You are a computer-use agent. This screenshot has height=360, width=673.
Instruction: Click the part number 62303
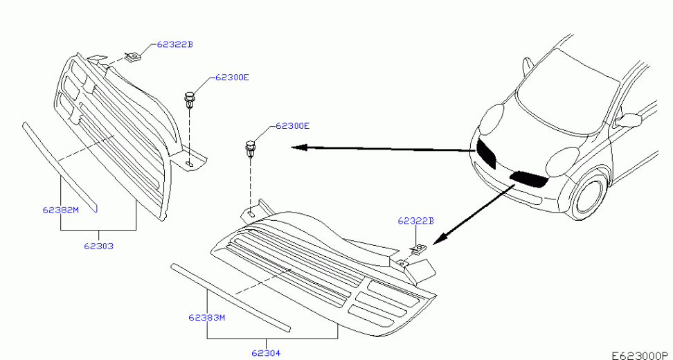(99, 246)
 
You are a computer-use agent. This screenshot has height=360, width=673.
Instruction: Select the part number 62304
(266, 352)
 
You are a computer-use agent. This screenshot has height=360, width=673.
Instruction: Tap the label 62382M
(60, 210)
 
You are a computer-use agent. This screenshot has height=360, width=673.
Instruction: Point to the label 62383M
(207, 318)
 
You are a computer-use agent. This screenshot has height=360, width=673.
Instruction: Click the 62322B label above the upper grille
(175, 44)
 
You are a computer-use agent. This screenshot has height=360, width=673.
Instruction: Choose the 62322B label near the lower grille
(416, 221)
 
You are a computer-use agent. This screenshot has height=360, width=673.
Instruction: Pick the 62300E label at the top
(232, 78)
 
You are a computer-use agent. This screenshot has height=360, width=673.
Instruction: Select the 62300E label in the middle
(292, 126)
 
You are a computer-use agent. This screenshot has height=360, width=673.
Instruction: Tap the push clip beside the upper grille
(189, 99)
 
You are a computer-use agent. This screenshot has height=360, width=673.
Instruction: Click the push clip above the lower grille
(249, 148)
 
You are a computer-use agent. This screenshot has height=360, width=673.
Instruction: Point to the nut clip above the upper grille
(134, 56)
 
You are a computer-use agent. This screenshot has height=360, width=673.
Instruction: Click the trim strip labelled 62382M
(60, 168)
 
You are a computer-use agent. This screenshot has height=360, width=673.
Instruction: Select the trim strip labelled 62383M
(231, 298)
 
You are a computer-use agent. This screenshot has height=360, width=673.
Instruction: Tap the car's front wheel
(589, 195)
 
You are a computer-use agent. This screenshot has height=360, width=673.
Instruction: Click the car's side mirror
(629, 120)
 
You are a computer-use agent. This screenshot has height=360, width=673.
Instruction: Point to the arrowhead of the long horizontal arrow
(300, 147)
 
